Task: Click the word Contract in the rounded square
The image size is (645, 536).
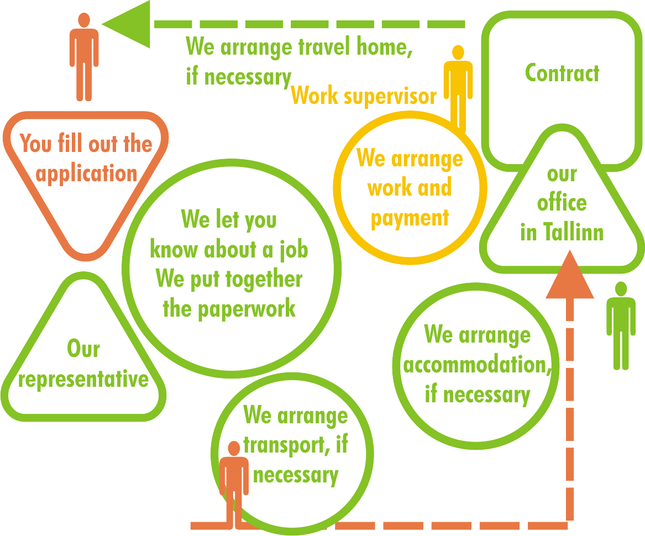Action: (562, 73)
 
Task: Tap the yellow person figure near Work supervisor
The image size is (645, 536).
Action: (458, 88)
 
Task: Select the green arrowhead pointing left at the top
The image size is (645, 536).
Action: (127, 24)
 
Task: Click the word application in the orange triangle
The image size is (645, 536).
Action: (86, 174)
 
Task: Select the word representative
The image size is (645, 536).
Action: (83, 380)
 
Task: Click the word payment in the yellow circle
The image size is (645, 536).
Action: (410, 218)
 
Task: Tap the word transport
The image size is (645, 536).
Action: (280, 445)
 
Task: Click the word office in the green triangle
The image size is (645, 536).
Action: (562, 203)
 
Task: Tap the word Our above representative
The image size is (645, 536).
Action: (83, 349)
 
